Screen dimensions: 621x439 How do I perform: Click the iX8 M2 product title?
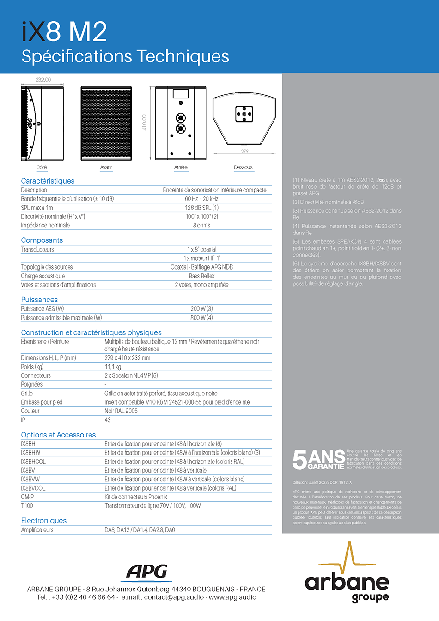[x=64, y=32]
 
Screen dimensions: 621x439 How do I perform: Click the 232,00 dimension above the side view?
[x=43, y=80]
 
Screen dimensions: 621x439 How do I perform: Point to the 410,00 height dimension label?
[x=144, y=123]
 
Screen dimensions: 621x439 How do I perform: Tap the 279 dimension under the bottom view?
[x=244, y=152]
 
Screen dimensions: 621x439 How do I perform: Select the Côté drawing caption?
[x=42, y=167]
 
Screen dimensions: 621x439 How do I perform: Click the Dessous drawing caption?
[x=243, y=167]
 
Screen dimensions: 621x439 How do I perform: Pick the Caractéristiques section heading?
[x=48, y=181]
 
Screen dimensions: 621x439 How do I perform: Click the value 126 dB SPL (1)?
[x=201, y=208]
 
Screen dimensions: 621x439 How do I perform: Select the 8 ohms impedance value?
[x=201, y=225]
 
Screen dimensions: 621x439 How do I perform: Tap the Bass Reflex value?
[x=201, y=276]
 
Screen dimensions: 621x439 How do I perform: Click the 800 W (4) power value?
[x=201, y=318]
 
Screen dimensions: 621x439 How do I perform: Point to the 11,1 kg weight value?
[x=113, y=367]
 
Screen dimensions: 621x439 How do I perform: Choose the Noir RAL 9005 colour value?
[x=121, y=411]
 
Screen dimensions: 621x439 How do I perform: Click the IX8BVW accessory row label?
[x=30, y=479]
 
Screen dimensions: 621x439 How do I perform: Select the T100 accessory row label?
[x=27, y=506]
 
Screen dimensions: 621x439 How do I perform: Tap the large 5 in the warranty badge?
[x=299, y=460]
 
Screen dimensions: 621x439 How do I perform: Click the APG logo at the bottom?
[x=147, y=572]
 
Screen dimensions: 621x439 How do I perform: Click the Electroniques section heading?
[x=44, y=521]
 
